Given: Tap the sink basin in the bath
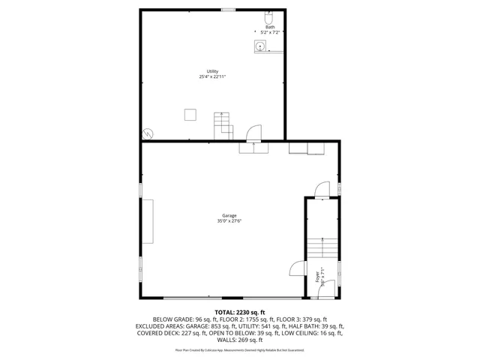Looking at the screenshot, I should pyautogui.click(x=260, y=46).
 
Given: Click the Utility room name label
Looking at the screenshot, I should pyautogui.click(x=213, y=71).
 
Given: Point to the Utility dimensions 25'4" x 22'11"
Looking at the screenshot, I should pyautogui.click(x=213, y=76).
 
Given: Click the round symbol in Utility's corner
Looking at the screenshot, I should pyautogui.click(x=148, y=133).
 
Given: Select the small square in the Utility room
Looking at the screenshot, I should pyautogui.click(x=190, y=114).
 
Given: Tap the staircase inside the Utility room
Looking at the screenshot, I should pyautogui.click(x=223, y=124).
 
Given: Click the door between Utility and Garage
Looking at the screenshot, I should pyautogui.click(x=255, y=133).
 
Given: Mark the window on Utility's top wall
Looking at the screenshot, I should pyautogui.click(x=228, y=10).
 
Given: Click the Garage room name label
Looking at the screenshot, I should pyautogui.click(x=229, y=215).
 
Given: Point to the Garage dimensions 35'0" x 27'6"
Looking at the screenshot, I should pyautogui.click(x=229, y=220).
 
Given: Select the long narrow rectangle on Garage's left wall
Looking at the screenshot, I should pyautogui.click(x=149, y=221).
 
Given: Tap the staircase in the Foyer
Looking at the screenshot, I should pyautogui.click(x=322, y=248).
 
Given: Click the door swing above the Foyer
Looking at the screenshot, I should pyautogui.click(x=322, y=189).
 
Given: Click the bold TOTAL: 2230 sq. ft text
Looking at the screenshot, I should pyautogui.click(x=240, y=312).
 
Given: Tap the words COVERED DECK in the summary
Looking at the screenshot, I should pyautogui.click(x=154, y=333).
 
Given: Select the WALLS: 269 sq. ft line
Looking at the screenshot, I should pyautogui.click(x=240, y=340).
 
